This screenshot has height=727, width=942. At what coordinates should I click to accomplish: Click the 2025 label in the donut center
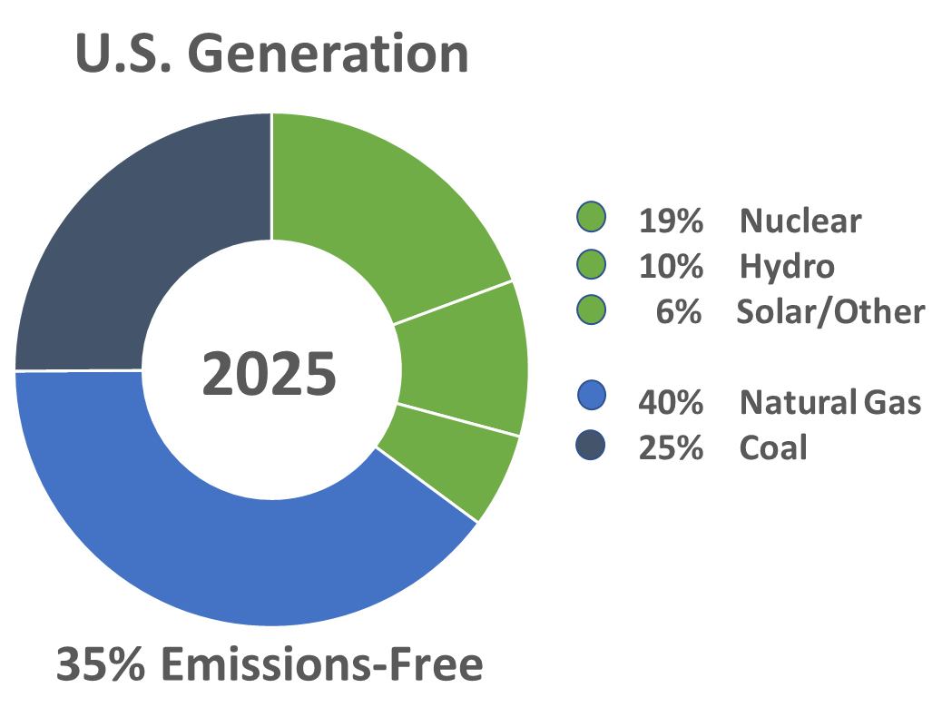pyautogui.click(x=270, y=375)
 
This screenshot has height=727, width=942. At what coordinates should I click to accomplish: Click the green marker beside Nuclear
pyautogui.click(x=591, y=219)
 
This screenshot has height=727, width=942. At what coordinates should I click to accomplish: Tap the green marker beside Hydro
pyautogui.click(x=591, y=265)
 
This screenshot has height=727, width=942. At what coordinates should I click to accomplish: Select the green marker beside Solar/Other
pyautogui.click(x=591, y=310)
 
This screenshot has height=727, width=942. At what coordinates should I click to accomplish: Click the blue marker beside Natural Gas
pyautogui.click(x=591, y=401)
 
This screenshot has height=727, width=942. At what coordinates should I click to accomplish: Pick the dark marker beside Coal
pyautogui.click(x=591, y=447)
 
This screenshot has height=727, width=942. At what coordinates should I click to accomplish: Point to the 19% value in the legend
pyautogui.click(x=671, y=221)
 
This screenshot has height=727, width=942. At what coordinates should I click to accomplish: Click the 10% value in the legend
pyautogui.click(x=671, y=267)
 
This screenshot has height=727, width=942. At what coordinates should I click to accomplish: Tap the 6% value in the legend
pyautogui.click(x=680, y=312)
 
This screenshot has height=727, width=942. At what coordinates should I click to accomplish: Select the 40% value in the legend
pyautogui.click(x=671, y=402)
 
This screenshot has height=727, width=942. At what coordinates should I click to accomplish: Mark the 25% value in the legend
pyautogui.click(x=671, y=447)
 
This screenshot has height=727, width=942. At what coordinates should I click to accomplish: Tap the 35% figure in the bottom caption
pyautogui.click(x=98, y=666)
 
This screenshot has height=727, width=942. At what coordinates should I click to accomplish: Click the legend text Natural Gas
pyautogui.click(x=830, y=402)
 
